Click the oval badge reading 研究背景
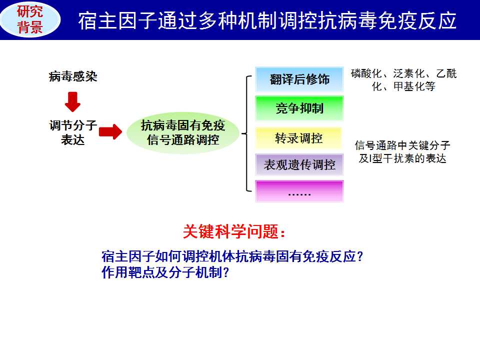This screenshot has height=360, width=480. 30,19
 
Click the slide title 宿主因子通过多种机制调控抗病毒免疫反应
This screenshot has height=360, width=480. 267,21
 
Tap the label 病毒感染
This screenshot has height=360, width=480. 73,76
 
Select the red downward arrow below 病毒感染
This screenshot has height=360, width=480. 72,101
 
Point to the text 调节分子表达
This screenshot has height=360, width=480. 73,132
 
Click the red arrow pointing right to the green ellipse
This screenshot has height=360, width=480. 110,132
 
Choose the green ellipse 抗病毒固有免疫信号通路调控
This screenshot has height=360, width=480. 183,132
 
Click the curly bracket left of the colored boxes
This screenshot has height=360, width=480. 246,133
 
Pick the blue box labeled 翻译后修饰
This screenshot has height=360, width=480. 299,79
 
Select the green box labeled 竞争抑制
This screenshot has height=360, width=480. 299,108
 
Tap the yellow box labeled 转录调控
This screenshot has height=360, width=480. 299,138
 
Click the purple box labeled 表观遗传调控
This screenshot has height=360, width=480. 299,164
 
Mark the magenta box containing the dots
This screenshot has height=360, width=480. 299,191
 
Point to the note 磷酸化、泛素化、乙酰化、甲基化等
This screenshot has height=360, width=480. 404,80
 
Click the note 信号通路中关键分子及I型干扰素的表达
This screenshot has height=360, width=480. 402,152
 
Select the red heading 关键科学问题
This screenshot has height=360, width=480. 234,231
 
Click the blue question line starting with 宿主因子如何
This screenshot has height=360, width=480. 232,256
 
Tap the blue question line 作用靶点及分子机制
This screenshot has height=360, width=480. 165,272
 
